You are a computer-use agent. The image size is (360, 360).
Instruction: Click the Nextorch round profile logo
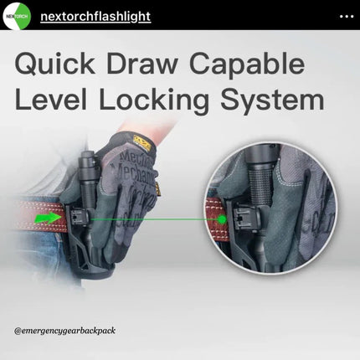click(17, 16)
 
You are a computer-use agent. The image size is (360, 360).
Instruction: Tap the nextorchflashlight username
click(95, 17)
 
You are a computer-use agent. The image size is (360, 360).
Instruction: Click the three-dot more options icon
click(347, 17)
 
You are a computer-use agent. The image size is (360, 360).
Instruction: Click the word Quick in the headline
click(55, 64)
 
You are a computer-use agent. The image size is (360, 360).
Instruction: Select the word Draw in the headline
click(141, 64)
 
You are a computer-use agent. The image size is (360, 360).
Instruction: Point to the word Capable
click(247, 64)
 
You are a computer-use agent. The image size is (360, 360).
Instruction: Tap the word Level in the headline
click(50, 99)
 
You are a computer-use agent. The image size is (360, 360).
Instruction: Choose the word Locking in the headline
click(154, 100)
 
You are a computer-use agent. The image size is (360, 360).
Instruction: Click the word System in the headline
click(272, 101)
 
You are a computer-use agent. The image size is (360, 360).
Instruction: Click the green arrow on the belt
click(49, 218)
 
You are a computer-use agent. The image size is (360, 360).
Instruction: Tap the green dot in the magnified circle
click(222, 219)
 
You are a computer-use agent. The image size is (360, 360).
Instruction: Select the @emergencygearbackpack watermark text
click(64, 331)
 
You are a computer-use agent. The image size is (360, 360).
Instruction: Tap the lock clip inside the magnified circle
click(245, 219)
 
